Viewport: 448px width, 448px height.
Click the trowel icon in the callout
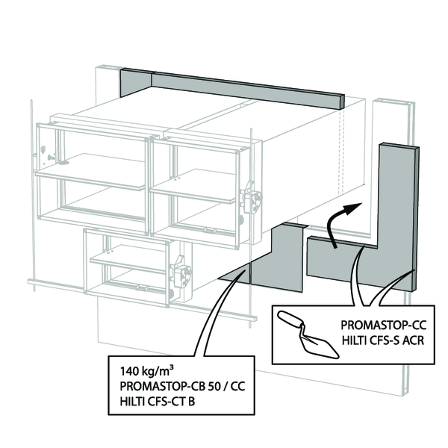(307, 332)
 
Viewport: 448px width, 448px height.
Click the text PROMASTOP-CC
(378, 326)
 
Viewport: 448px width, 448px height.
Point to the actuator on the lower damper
(181, 273)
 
